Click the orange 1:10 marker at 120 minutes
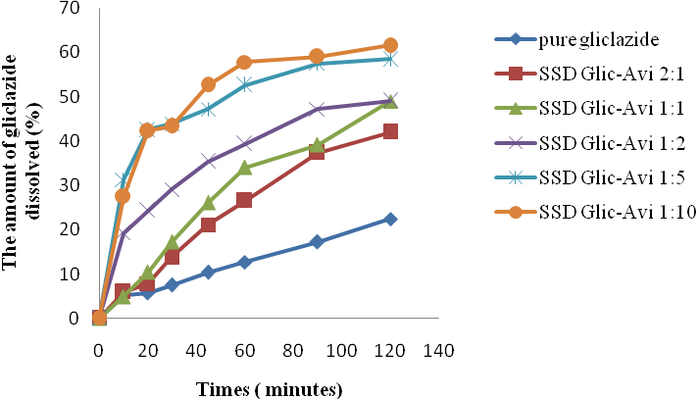click(x=390, y=45)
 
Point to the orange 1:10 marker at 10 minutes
click(x=123, y=196)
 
